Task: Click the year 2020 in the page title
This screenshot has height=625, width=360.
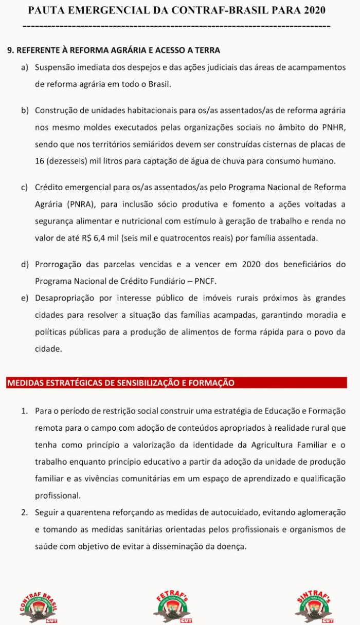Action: click(x=311, y=10)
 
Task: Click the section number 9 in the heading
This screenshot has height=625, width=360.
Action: click(x=10, y=50)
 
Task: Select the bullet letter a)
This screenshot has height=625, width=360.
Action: click(x=25, y=67)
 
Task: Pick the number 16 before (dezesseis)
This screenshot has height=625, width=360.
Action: click(x=40, y=161)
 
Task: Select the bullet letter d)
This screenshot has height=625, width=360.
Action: click(x=25, y=265)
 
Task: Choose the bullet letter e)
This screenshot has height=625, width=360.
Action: click(x=25, y=298)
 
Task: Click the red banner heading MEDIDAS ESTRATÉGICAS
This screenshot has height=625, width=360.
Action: click(x=121, y=383)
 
